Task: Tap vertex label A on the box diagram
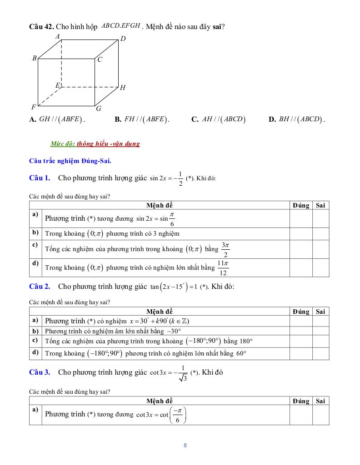point(58,36)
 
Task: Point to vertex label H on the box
point(123,88)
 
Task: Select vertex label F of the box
point(34,108)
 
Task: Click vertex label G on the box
point(99,109)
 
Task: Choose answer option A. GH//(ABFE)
point(57,119)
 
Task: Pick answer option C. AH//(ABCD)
point(218,119)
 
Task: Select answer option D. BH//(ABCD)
point(296,119)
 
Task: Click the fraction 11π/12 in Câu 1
point(222,268)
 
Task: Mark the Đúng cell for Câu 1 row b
point(300,234)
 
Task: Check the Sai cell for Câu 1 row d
point(320,268)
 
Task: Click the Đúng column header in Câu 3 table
point(300,401)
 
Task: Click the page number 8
point(185,445)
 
